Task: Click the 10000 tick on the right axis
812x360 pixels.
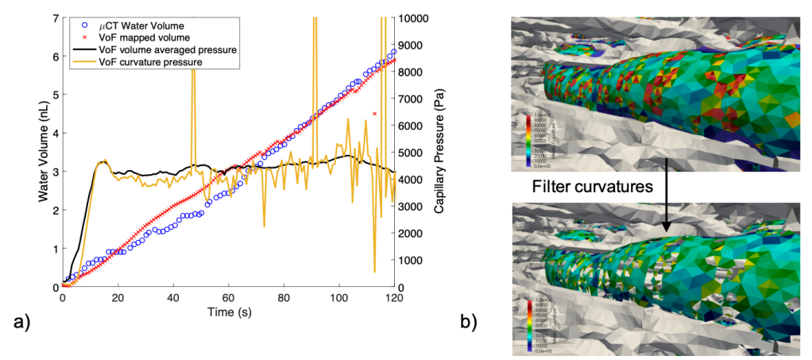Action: [x=415, y=18]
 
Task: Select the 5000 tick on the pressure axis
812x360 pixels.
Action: [x=412, y=153]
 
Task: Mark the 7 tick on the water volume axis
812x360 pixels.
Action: [x=53, y=18]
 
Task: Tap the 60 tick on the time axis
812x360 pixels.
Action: [x=229, y=298]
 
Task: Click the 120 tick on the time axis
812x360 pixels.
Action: [x=395, y=298]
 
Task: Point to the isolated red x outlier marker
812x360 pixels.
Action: [x=374, y=114]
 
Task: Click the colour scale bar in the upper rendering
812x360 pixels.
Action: [x=530, y=144]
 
